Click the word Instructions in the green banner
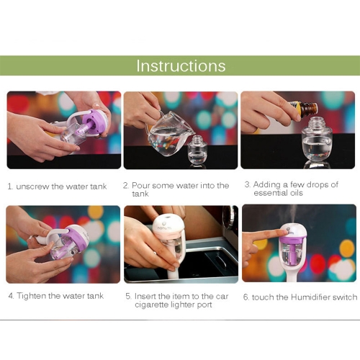tap(181, 66)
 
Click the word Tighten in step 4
tap(31, 296)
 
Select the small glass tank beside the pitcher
tap(197, 150)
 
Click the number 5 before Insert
tap(128, 297)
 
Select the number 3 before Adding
tap(248, 184)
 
